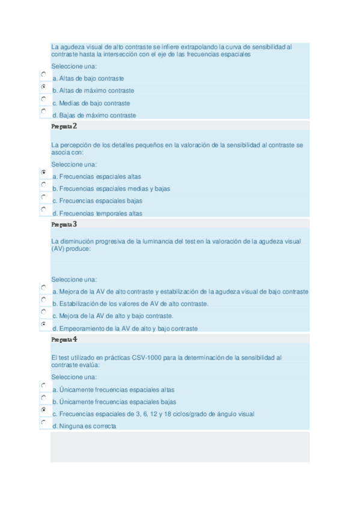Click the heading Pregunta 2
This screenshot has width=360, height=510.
[x=64, y=127]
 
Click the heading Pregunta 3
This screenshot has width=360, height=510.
[x=64, y=224]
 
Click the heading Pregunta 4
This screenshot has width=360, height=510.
[x=64, y=339]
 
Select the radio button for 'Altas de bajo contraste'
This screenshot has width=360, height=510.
[x=44, y=74]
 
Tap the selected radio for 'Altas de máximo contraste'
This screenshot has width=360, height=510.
[x=44, y=87]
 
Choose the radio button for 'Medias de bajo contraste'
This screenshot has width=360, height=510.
[x=44, y=99]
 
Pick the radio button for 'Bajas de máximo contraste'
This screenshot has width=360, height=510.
[x=44, y=111]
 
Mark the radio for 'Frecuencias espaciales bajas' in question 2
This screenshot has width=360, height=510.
[x=44, y=197]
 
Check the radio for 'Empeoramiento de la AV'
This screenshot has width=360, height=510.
[x=44, y=324]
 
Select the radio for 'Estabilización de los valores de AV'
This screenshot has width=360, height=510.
[x=44, y=300]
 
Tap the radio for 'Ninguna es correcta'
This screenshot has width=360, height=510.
[x=44, y=422]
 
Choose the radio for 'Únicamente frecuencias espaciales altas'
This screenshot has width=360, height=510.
[x=44, y=386]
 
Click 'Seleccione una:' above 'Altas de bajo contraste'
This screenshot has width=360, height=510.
[x=74, y=66]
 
